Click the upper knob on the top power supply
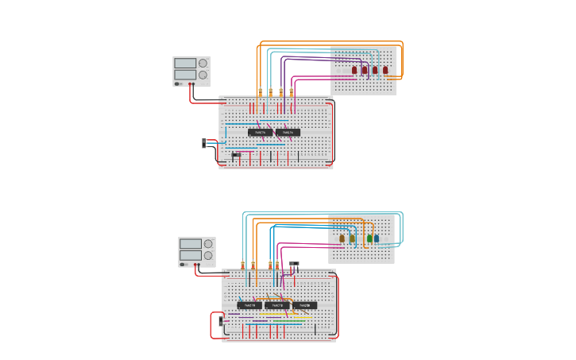(x=203, y=64)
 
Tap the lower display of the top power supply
(x=184, y=75)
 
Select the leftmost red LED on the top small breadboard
(x=354, y=70)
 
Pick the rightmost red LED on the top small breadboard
(x=385, y=70)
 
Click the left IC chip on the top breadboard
(x=260, y=132)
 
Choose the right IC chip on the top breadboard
(x=288, y=132)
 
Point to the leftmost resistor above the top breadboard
(x=260, y=92)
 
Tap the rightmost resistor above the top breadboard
(x=291, y=92)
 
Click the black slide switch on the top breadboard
(x=236, y=154)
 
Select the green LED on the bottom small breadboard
(x=369, y=238)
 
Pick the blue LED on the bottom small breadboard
(x=377, y=238)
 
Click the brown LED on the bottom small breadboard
(x=342, y=238)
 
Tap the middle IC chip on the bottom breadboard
(x=277, y=305)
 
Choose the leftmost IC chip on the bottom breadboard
(x=249, y=305)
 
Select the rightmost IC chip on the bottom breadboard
(x=304, y=305)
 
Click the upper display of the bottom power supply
(x=190, y=244)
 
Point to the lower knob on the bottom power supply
(x=208, y=256)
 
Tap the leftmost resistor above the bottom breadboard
(x=243, y=265)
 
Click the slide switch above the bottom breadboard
(x=294, y=264)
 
